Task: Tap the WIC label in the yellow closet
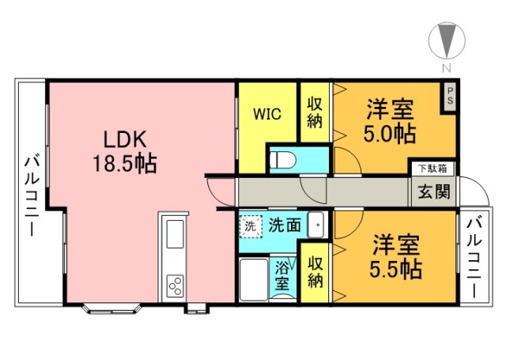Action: click(x=266, y=113)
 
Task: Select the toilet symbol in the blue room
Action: click(x=282, y=160)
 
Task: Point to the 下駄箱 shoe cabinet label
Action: click(x=432, y=168)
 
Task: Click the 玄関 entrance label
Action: click(x=432, y=191)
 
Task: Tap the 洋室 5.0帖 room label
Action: click(x=391, y=120)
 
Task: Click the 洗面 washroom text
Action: click(x=284, y=225)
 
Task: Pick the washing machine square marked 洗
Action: click(x=251, y=225)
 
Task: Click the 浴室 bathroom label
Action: click(x=282, y=274)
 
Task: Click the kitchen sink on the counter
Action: click(x=173, y=234)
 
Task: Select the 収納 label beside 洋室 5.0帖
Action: click(x=315, y=112)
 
